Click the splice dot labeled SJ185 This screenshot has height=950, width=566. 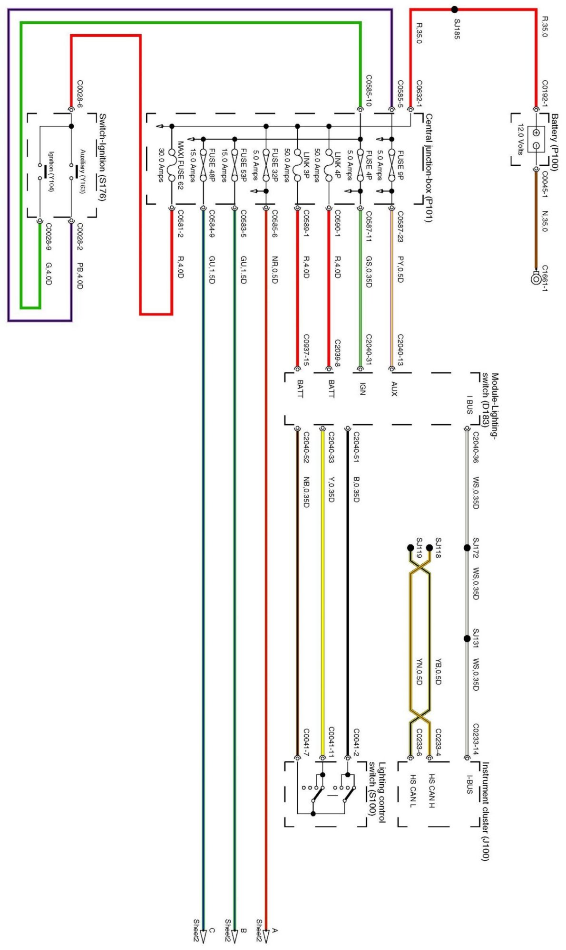[454, 9]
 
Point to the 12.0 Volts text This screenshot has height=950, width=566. [520, 139]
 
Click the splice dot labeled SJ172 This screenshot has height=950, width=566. [467, 548]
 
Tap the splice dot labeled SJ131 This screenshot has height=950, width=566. [467, 638]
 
